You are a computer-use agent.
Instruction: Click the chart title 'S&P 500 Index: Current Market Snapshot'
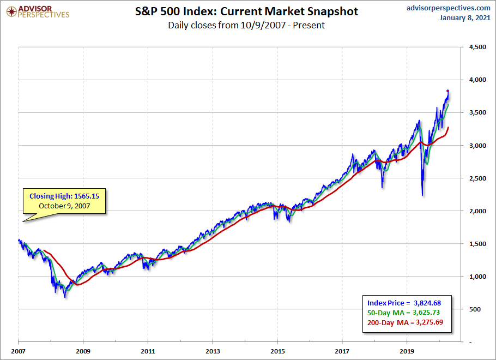(x=246, y=11)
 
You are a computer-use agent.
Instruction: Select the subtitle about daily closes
(x=246, y=25)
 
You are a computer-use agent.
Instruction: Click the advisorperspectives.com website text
(x=441, y=8)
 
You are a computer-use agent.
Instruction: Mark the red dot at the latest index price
(x=447, y=91)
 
